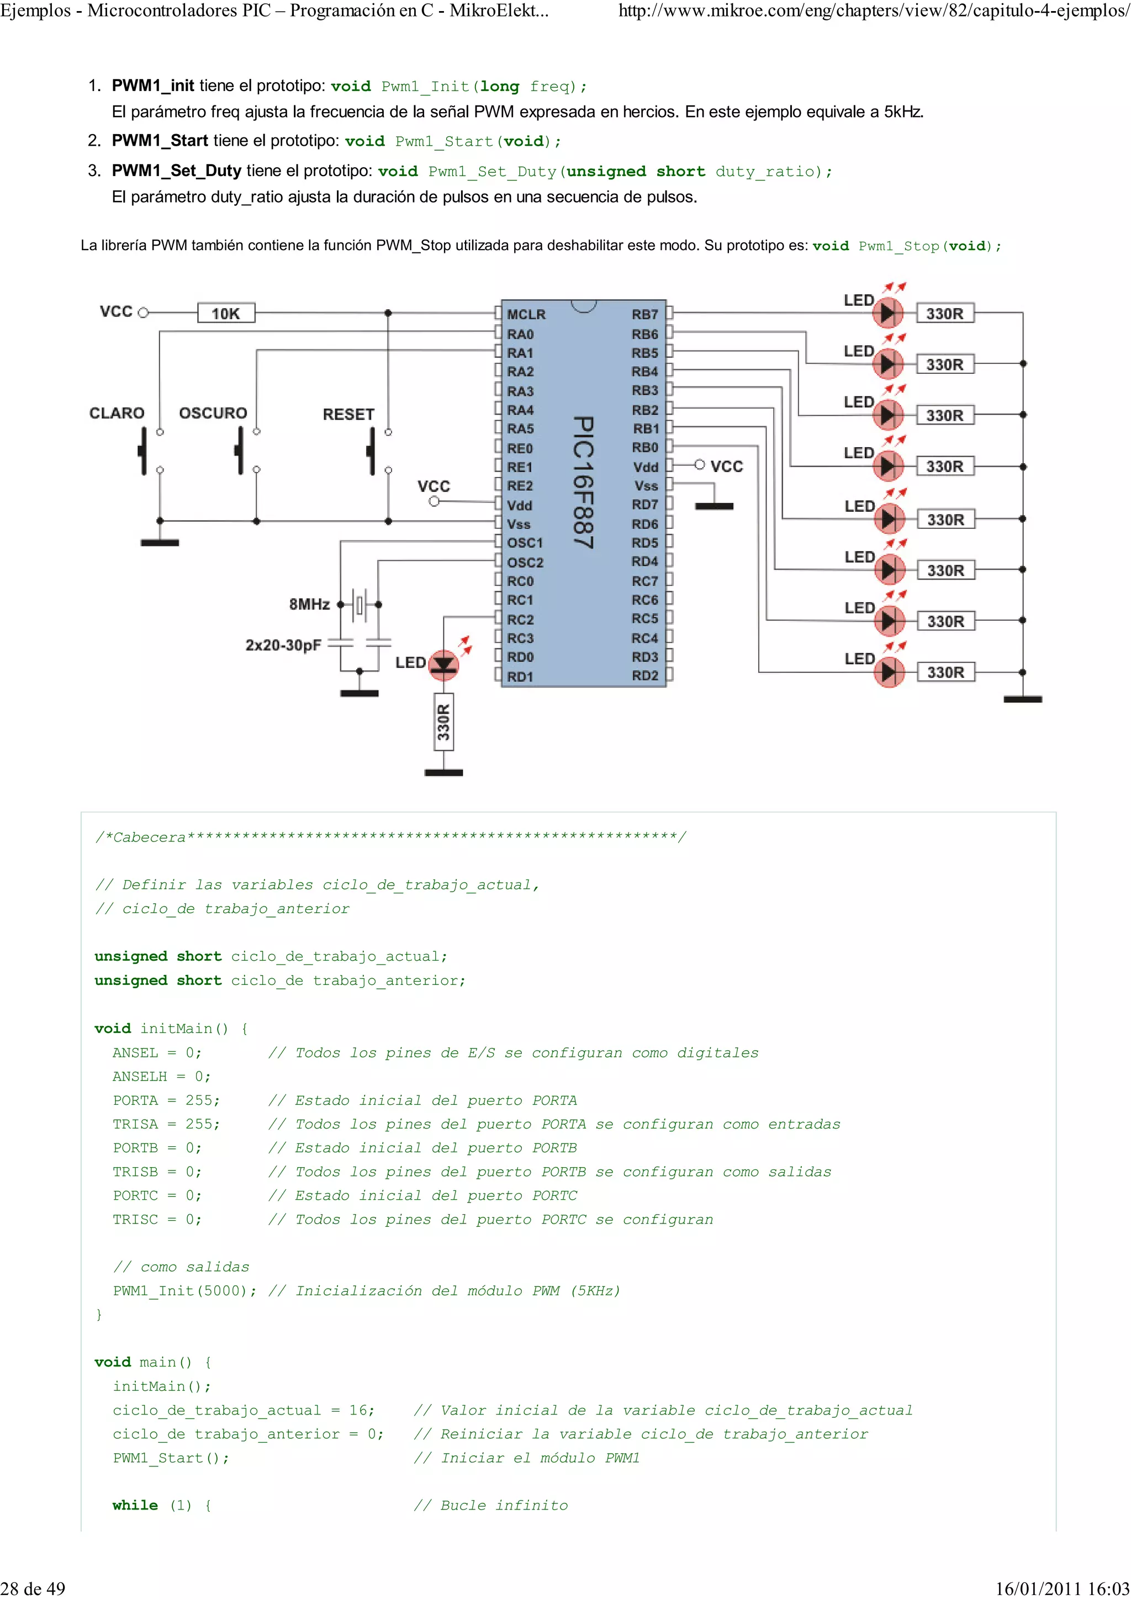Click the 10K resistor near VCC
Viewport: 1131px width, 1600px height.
click(226, 314)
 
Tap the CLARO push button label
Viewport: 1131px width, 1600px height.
click(117, 413)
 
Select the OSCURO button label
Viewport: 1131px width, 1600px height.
click(213, 413)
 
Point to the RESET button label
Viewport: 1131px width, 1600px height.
click(348, 415)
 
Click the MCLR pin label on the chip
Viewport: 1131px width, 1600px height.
click(526, 314)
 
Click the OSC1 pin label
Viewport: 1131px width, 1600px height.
click(525, 543)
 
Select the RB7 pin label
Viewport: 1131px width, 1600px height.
click(644, 314)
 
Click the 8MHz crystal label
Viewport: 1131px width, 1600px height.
click(309, 604)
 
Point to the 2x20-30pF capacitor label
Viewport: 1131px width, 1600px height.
click(283, 645)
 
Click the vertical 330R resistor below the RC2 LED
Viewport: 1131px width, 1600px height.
click(444, 722)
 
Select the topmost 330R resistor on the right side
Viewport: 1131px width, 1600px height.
click(944, 314)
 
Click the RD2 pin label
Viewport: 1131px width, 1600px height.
click(644, 676)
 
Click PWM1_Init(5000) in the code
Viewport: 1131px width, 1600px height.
click(184, 1291)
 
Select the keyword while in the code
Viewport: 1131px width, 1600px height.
click(135, 1505)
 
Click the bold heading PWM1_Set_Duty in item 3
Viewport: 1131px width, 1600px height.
click(176, 171)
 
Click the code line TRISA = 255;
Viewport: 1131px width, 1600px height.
click(166, 1124)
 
